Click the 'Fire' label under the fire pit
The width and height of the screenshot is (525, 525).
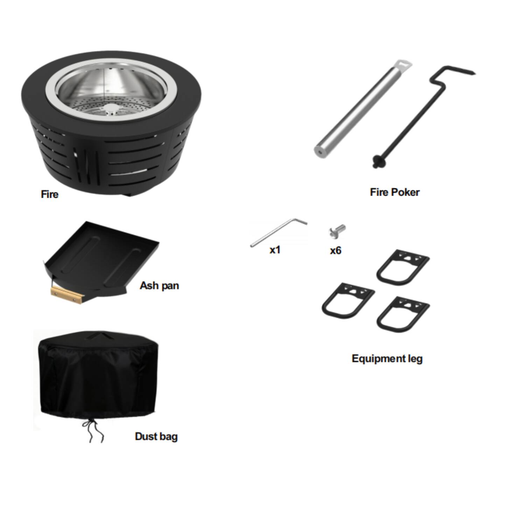[49, 194]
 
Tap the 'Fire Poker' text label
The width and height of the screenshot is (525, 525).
[394, 192]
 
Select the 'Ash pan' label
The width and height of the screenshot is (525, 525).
[159, 286]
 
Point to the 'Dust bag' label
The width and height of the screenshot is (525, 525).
[156, 436]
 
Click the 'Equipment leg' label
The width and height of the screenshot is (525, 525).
[387, 359]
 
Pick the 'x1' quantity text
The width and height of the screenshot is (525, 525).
[275, 250]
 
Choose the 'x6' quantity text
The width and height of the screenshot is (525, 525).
[335, 250]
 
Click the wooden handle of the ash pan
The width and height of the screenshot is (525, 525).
[66, 294]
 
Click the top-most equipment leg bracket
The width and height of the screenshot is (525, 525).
[403, 267]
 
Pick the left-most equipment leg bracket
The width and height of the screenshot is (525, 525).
[348, 301]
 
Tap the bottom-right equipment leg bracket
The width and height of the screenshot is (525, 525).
[403, 314]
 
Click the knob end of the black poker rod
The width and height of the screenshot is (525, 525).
[378, 162]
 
